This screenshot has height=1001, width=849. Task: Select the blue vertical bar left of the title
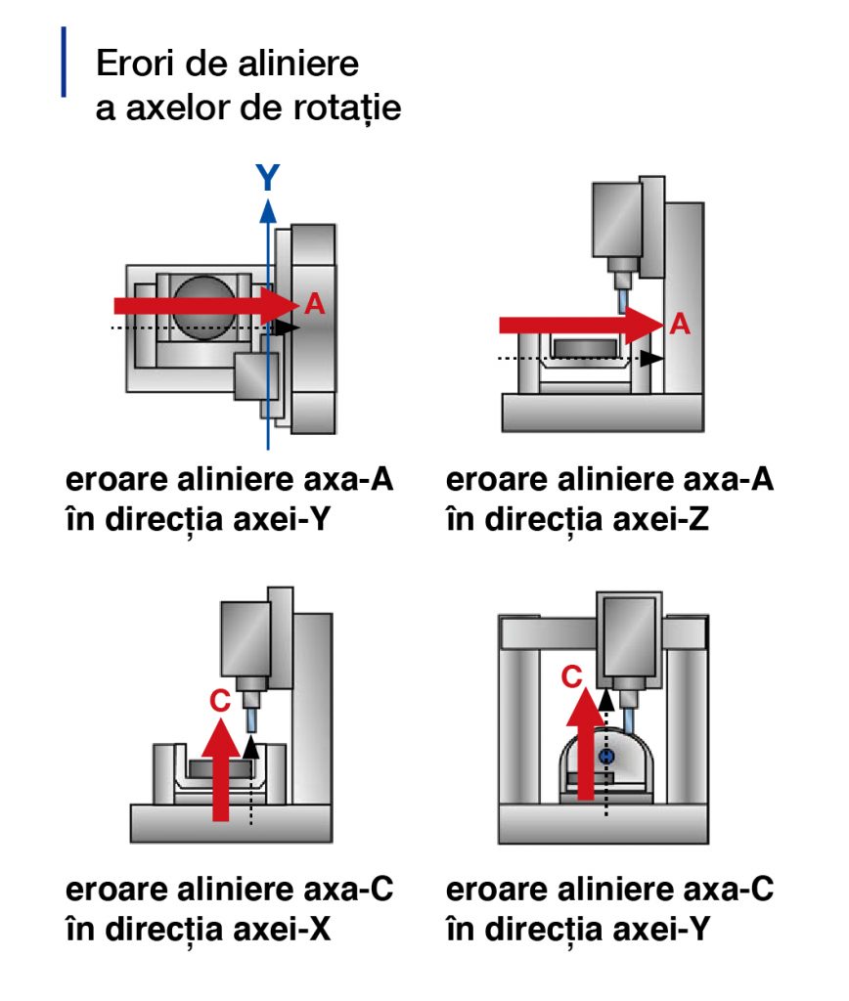coord(65,63)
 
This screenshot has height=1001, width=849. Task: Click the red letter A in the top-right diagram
coord(680,325)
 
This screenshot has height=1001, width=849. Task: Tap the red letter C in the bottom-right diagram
coord(575,675)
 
